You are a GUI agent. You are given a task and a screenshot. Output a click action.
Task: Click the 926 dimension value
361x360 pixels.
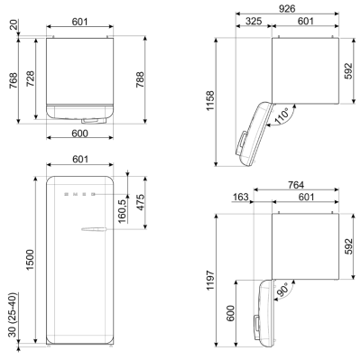(287, 9)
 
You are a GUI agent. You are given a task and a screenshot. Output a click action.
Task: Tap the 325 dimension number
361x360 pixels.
(254, 21)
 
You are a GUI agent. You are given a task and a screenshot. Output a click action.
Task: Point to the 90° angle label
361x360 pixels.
(282, 290)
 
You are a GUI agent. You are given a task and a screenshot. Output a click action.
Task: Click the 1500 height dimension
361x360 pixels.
(30, 260)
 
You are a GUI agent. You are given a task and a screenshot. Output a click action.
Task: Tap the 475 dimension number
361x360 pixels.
(140, 202)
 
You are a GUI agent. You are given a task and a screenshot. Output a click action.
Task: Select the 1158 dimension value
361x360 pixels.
(210, 100)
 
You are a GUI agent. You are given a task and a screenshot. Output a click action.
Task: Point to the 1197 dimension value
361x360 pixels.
(210, 280)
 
